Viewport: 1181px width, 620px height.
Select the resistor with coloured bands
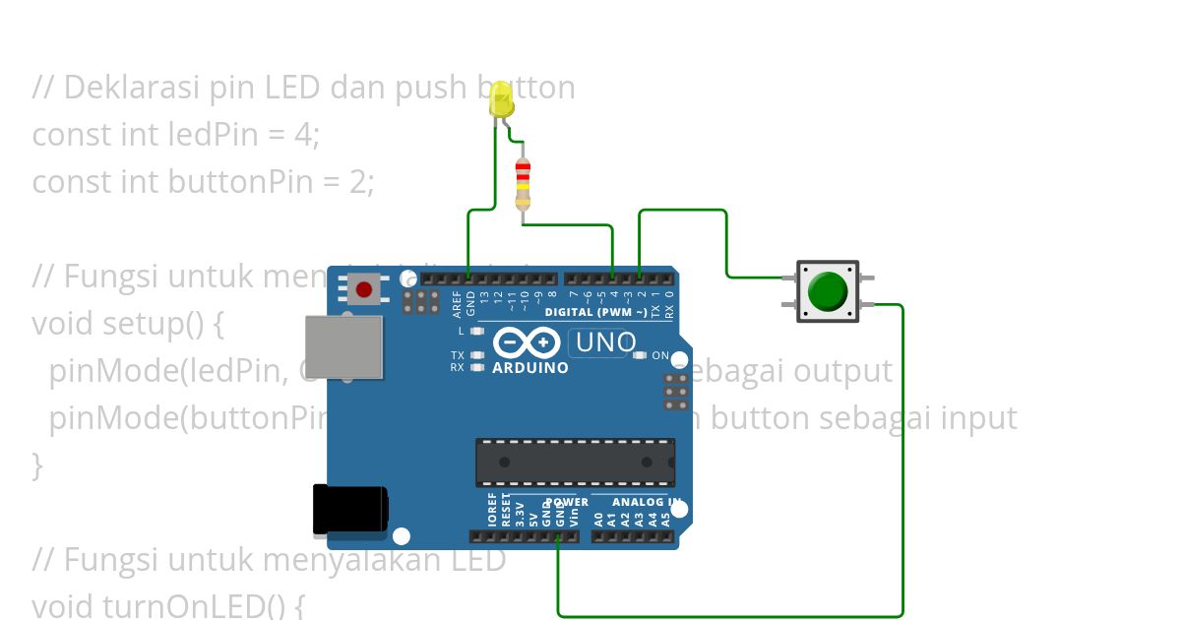[x=523, y=183]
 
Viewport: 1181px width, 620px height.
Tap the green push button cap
[x=828, y=290]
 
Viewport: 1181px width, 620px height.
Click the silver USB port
[x=343, y=346]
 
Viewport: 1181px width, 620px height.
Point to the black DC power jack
[x=349, y=511]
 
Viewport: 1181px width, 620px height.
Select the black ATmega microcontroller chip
[x=575, y=462]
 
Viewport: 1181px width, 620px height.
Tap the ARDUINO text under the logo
[x=529, y=368]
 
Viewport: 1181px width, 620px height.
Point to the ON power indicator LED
[x=640, y=355]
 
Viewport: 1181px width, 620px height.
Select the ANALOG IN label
[x=647, y=502]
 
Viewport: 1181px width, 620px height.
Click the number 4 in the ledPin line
[x=303, y=134]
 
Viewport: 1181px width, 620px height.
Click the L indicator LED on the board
[x=477, y=332]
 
